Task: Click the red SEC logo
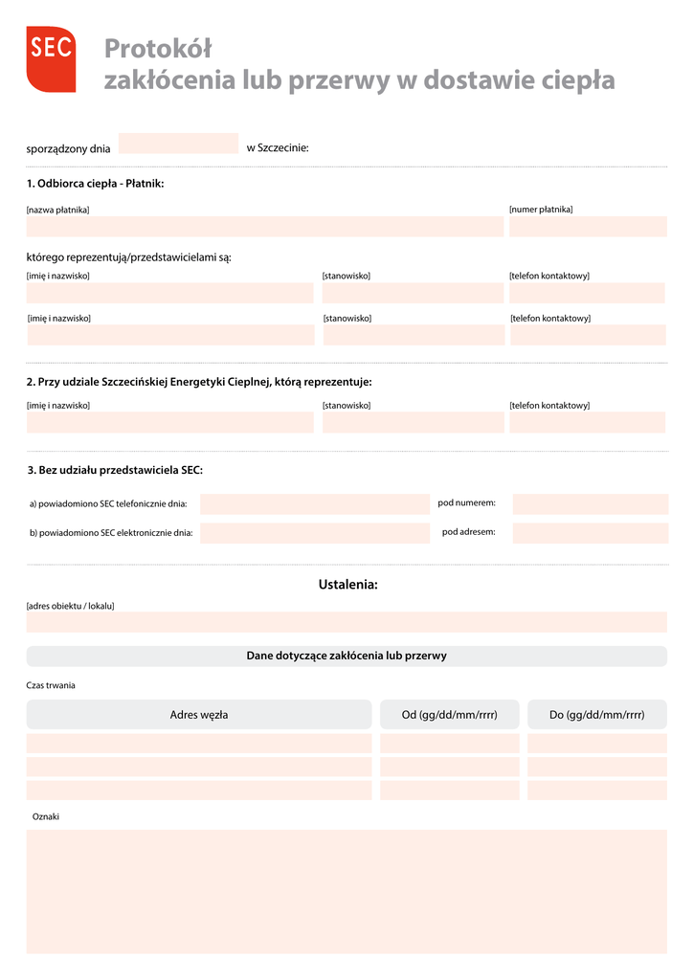pos(51,58)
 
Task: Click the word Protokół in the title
pos(157,48)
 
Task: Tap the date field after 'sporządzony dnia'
pos(177,144)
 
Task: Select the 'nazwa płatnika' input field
pos(264,227)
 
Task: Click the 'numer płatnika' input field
pos(588,227)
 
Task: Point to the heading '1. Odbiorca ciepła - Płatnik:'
pos(95,183)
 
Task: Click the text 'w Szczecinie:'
pos(278,147)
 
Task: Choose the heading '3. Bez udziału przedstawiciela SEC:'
pos(115,470)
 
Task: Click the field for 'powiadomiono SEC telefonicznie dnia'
pos(315,504)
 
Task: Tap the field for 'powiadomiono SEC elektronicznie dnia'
pos(315,533)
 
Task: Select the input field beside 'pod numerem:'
pos(590,504)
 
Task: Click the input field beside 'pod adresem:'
pos(590,533)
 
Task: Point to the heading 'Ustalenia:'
pos(347,585)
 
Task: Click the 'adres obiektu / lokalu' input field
pos(347,623)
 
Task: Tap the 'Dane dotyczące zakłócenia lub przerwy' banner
pos(347,657)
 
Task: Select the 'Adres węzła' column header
pos(198,715)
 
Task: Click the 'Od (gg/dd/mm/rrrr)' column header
pos(449,715)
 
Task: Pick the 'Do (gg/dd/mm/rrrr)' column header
pos(596,715)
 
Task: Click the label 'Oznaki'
pos(46,816)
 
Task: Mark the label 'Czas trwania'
pos(51,685)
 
